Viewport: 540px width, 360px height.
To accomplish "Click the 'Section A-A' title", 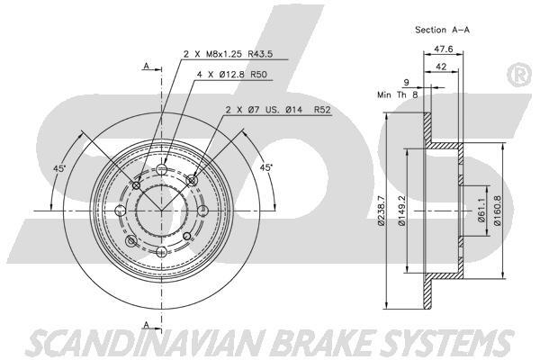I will (443, 29).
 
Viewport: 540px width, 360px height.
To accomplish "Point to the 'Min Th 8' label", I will (397, 93).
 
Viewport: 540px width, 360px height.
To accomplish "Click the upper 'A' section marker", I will (146, 65).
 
